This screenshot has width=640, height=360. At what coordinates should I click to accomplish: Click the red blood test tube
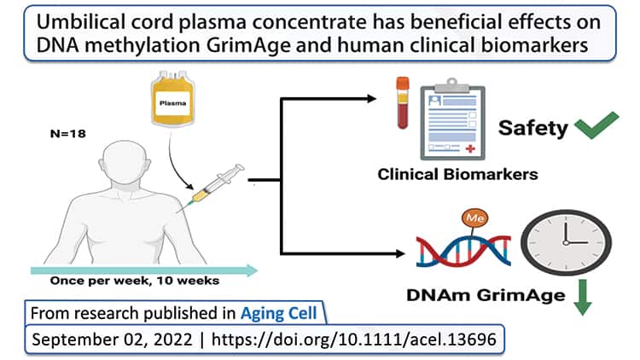tap(402, 103)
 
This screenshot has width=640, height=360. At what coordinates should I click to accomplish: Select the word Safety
tap(533, 129)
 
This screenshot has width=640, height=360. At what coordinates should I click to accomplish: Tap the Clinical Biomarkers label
tap(457, 175)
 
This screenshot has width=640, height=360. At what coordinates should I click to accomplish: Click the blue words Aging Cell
tap(278, 313)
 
